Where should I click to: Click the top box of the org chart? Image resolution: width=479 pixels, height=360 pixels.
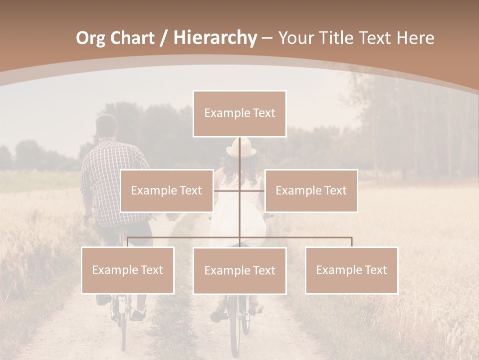(239, 113)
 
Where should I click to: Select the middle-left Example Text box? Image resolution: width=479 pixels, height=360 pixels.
(167, 190)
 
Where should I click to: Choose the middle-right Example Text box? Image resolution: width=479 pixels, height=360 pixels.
(311, 190)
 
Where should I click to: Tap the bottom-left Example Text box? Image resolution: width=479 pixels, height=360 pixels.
(128, 270)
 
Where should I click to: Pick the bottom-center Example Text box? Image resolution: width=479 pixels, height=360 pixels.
(239, 270)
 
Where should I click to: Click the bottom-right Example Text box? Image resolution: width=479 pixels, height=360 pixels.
(351, 270)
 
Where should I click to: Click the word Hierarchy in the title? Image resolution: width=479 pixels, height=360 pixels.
(215, 38)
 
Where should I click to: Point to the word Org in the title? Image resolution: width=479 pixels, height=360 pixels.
(90, 38)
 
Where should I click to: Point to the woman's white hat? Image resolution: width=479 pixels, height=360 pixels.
(241, 148)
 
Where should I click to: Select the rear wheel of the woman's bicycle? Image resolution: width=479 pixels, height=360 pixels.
(235, 325)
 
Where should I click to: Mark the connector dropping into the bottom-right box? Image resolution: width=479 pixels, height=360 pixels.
(351, 242)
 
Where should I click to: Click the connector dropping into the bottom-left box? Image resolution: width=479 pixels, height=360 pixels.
(128, 242)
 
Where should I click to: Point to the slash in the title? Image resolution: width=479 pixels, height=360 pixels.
(164, 38)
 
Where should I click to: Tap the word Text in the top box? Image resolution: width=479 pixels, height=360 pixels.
(263, 113)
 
